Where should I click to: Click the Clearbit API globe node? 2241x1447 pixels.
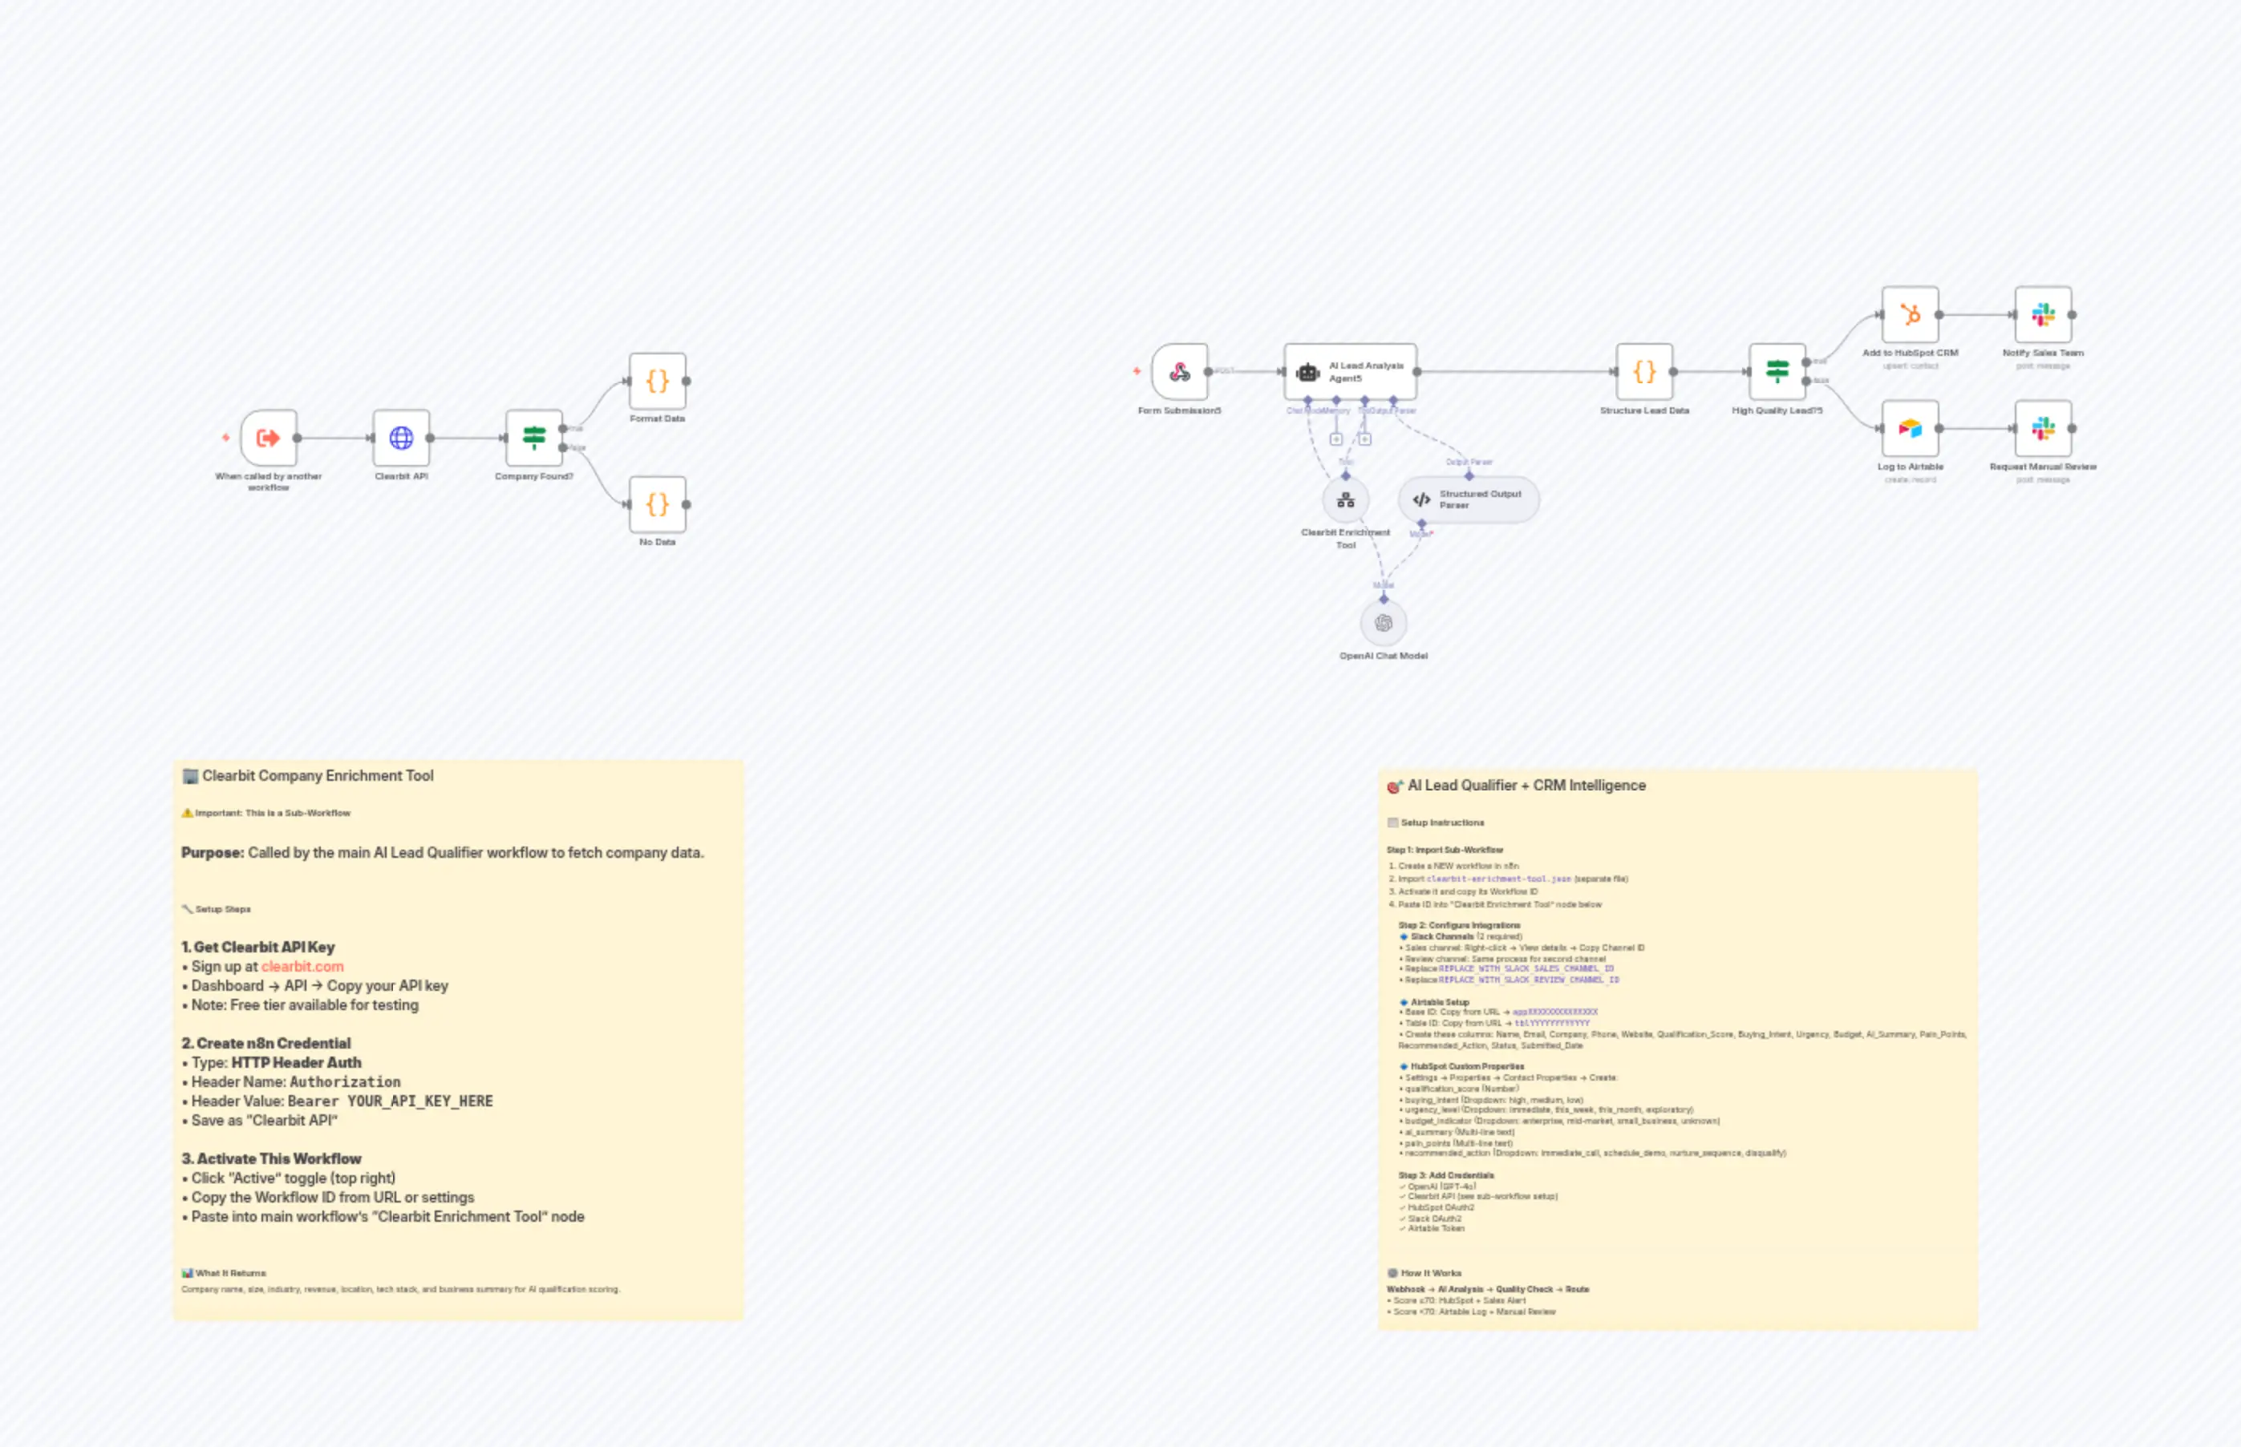tap(401, 438)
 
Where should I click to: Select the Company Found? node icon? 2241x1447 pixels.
tap(534, 438)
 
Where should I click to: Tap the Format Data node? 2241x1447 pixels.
tap(657, 382)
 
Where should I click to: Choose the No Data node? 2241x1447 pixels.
tap(657, 504)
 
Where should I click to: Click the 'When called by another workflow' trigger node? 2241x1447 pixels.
tap(269, 438)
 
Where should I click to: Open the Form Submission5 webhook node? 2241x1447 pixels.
tap(1180, 372)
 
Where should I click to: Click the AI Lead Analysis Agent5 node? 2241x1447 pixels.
tap(1350, 372)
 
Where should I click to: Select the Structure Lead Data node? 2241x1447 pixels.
tap(1644, 372)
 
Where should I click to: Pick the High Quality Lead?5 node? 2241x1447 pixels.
tap(1777, 372)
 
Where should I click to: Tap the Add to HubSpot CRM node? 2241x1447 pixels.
tap(1910, 315)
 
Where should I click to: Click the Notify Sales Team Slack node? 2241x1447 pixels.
tap(2043, 315)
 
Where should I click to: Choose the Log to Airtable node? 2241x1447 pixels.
tap(1910, 428)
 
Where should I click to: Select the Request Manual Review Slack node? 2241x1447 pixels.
tap(2043, 428)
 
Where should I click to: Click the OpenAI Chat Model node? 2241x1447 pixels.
tap(1383, 623)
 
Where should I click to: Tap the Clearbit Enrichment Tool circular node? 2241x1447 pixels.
tap(1345, 500)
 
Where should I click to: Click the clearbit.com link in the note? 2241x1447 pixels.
tap(302, 967)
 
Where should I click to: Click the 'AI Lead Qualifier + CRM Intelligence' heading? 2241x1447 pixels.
tap(1526, 786)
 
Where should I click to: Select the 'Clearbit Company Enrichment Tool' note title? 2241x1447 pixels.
tap(318, 776)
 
